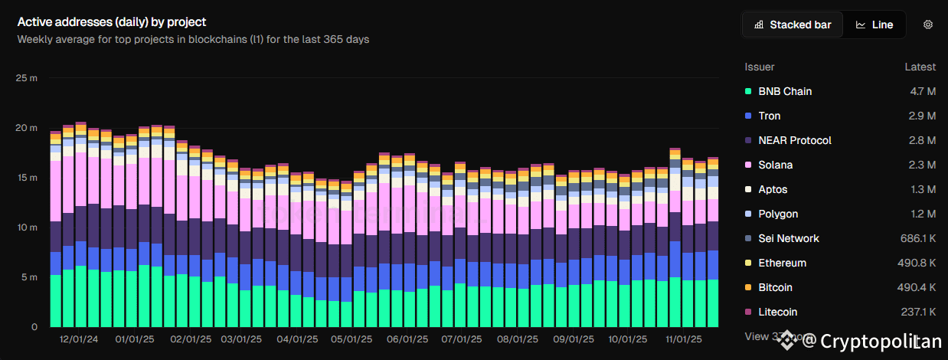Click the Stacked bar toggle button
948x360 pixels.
(793, 25)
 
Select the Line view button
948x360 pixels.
(874, 25)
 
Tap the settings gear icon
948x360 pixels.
(927, 25)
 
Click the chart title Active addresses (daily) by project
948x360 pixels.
(112, 22)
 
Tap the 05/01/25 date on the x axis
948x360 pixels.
(351, 339)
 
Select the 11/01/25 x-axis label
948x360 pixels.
(682, 339)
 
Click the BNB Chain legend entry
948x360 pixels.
(785, 91)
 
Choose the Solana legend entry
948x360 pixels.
(775, 165)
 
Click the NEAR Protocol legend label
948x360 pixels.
(794, 140)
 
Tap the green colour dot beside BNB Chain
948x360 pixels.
(747, 92)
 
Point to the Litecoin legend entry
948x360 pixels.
(777, 312)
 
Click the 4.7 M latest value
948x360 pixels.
(921, 91)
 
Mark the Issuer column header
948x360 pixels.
(760, 67)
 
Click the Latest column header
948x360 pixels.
(920, 67)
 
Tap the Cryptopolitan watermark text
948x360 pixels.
(872, 340)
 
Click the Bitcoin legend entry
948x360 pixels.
(775, 287)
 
